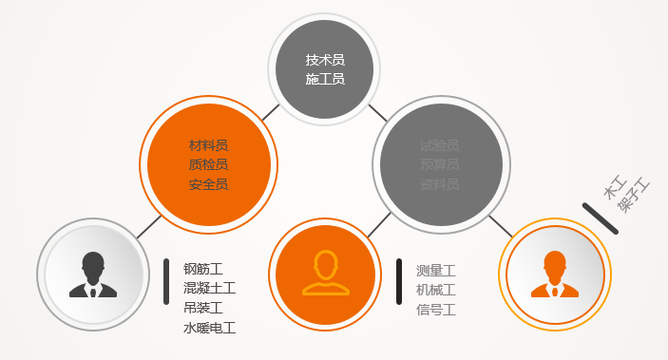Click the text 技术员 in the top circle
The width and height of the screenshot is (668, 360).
[x=324, y=60]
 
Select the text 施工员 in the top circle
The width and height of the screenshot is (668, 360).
[x=324, y=79]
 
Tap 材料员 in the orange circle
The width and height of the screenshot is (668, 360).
[x=208, y=145]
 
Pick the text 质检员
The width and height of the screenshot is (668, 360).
[x=208, y=164]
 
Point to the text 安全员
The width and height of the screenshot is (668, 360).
[x=208, y=184]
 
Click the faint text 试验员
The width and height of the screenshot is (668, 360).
[x=439, y=145]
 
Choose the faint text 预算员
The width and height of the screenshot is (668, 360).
[x=439, y=164]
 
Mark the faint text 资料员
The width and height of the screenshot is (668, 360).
[x=439, y=184]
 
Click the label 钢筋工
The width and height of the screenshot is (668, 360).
[x=202, y=268]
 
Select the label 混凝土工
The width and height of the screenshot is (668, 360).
[x=209, y=288]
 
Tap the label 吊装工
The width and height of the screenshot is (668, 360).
[x=202, y=308]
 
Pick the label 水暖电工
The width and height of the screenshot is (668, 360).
[x=209, y=328]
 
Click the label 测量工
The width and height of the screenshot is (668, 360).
[x=436, y=270]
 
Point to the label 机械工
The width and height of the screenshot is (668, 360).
[x=436, y=290]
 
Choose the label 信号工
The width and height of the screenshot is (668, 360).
[x=436, y=310]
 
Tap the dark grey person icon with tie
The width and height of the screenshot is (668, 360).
[x=93, y=275]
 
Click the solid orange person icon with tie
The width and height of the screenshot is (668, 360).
[x=555, y=275]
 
